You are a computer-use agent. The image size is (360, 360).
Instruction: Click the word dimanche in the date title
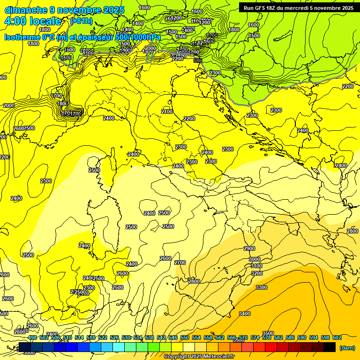click(22, 10)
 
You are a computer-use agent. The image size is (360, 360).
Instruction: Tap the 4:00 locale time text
click(33, 21)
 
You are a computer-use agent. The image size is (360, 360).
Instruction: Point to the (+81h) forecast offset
click(81, 21)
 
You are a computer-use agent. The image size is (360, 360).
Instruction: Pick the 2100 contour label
click(167, 112)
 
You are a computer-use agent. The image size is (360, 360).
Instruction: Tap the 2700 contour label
click(180, 262)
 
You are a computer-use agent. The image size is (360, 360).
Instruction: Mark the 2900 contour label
click(249, 248)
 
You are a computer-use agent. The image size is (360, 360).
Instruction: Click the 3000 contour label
click(255, 259)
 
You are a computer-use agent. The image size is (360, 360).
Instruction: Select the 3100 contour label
click(257, 266)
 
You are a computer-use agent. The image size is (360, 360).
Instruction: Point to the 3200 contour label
click(257, 273)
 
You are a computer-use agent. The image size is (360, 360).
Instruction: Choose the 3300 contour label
click(262, 287)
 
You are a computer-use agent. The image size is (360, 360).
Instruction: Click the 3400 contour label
click(245, 314)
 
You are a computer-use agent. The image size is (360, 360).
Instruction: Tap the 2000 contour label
click(9, 105)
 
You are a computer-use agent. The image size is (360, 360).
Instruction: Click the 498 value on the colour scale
click(32, 337)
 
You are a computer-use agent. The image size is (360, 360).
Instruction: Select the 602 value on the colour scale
click(337, 337)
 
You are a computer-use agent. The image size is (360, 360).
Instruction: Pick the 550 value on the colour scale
click(185, 337)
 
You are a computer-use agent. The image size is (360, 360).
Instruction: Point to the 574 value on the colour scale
click(255, 337)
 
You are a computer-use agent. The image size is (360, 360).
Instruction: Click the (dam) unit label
click(347, 347)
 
